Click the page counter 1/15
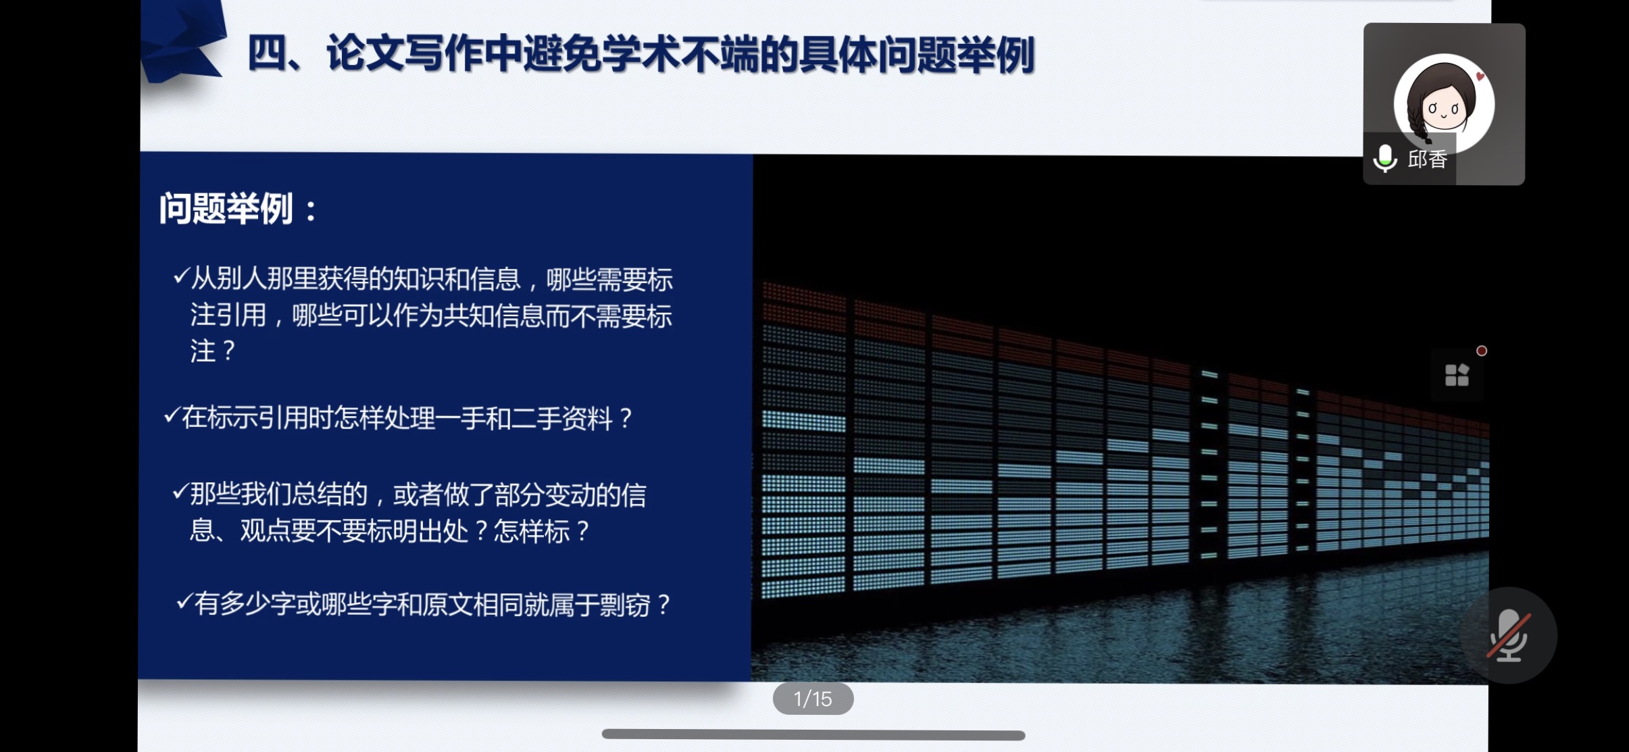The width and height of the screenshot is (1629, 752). (813, 699)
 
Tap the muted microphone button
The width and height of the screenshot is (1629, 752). (1509, 636)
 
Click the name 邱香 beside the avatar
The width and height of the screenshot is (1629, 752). (1427, 159)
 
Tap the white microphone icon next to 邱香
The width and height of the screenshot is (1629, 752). (1385, 159)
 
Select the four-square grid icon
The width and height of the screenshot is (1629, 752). (1457, 374)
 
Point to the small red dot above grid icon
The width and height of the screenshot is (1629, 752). (1482, 351)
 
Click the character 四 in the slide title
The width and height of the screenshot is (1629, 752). (267, 54)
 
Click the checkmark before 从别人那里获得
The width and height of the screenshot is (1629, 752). (180, 276)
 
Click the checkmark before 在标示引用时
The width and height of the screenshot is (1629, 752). (172, 415)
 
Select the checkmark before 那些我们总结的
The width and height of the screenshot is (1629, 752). (180, 492)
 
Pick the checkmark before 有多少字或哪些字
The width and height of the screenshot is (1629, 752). (184, 601)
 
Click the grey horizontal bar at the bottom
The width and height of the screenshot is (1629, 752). (813, 734)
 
